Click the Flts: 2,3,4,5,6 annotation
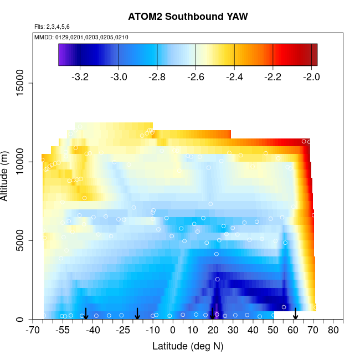(x=52, y=27)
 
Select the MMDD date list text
(x=81, y=37)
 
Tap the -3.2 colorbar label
(x=80, y=77)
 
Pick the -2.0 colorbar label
(x=311, y=77)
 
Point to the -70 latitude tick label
(x=33, y=331)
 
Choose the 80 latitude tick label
(x=333, y=331)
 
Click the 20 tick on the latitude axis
(x=213, y=331)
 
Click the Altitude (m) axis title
(x=8, y=175)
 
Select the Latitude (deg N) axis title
(x=188, y=346)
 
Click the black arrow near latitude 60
(x=295, y=314)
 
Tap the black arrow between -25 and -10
(x=137, y=314)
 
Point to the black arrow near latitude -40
(x=86, y=314)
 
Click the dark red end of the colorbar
(x=313, y=55)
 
